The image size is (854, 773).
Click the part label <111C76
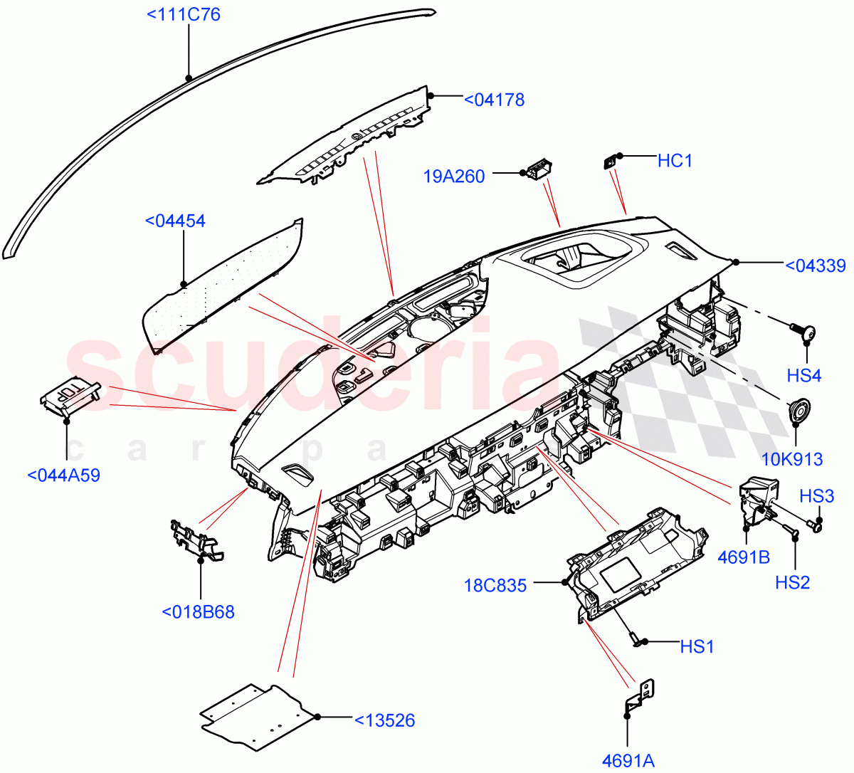pyautogui.click(x=184, y=14)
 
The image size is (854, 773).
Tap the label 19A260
pyautogui.click(x=454, y=177)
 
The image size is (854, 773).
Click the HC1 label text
pyautogui.click(x=675, y=161)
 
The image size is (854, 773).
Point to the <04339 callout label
pyautogui.click(x=815, y=266)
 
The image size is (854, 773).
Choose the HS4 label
pyautogui.click(x=804, y=376)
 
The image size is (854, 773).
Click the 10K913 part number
pyautogui.click(x=792, y=460)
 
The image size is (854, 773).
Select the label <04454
pyautogui.click(x=175, y=221)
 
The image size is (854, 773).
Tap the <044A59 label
pyautogui.click(x=63, y=475)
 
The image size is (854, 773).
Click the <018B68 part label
pyautogui.click(x=198, y=612)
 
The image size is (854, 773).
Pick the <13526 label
pyautogui.click(x=384, y=721)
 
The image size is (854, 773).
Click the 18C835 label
pyautogui.click(x=495, y=586)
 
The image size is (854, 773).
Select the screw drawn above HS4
pyautogui.click(x=803, y=330)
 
